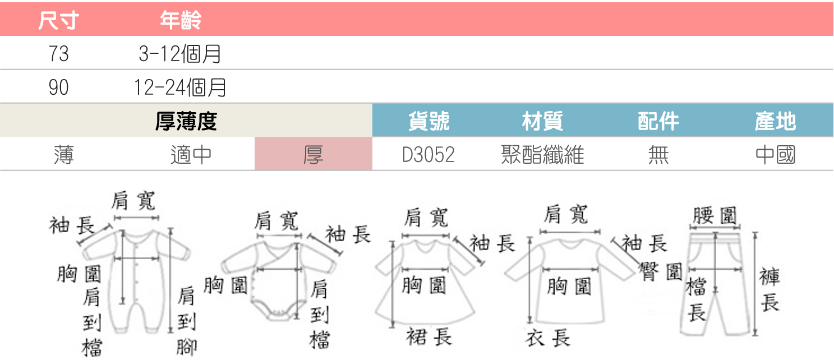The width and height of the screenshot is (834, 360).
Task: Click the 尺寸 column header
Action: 58,21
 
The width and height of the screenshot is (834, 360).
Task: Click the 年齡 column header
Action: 181,21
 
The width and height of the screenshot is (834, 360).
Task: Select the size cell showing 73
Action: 58,54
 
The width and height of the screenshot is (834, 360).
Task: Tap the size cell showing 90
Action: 58,87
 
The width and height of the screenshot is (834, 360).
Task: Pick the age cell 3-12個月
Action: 180,54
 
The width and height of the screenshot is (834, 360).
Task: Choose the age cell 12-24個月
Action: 180,87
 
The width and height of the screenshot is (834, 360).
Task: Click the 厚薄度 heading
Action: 186,121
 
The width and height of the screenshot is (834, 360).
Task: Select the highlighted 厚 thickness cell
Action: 313,154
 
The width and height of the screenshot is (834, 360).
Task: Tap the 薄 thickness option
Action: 64,154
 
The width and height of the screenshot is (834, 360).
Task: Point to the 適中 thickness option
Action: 191,154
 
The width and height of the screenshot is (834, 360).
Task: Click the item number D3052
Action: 428,154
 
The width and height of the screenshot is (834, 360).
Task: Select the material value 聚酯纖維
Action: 542,154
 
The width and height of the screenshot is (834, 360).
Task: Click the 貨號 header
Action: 429,121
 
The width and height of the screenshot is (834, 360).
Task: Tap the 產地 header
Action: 775,121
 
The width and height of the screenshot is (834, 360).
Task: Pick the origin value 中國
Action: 775,154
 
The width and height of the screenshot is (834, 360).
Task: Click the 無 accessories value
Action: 658,154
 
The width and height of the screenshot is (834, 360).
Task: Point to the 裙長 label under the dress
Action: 429,336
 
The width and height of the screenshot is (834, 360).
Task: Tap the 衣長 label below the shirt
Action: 548,338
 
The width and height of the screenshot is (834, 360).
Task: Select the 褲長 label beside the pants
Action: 770,289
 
